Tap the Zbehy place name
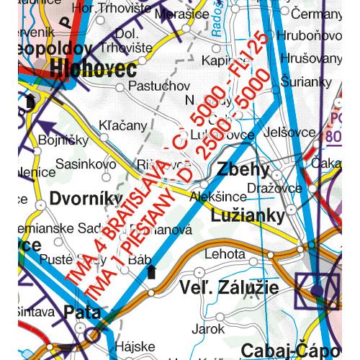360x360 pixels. pyautogui.click(x=242, y=170)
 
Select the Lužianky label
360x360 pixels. pyautogui.click(x=245, y=214)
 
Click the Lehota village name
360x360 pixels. pyautogui.click(x=225, y=254)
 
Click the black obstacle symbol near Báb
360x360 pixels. pyautogui.click(x=151, y=271)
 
